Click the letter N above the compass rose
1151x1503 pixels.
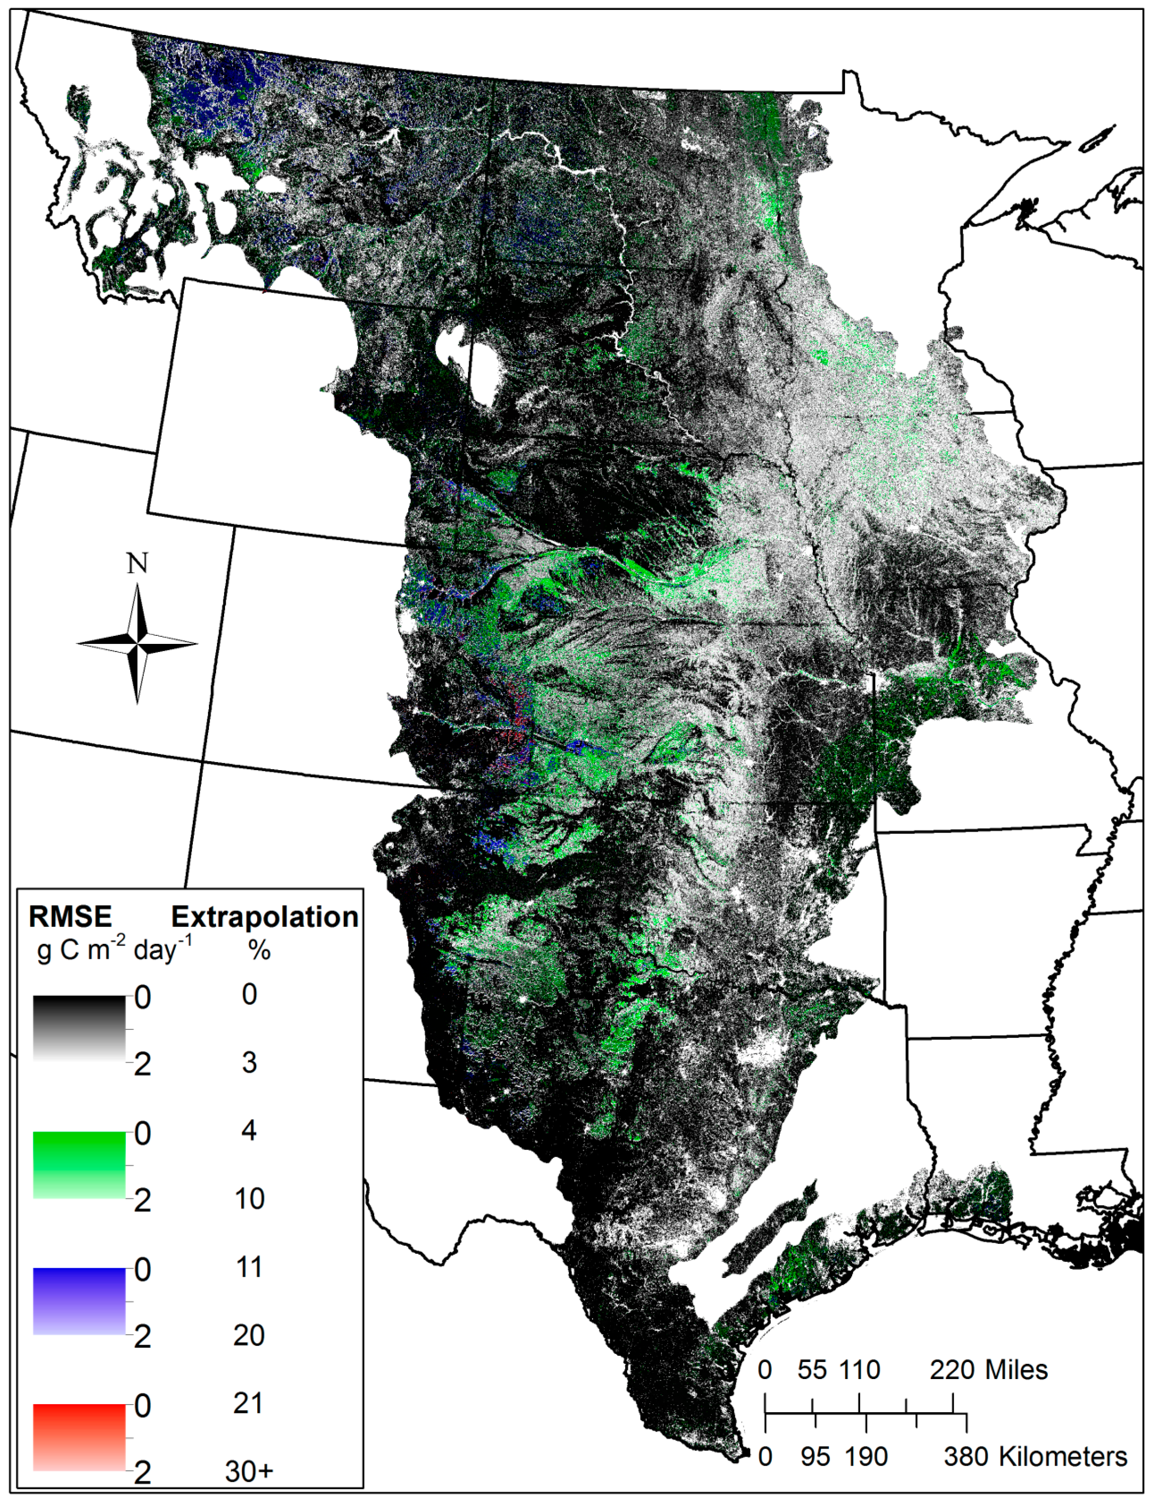point(137,563)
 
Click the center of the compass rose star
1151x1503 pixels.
point(138,643)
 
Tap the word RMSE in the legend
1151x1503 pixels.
point(70,917)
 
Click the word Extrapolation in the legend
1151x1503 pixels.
point(264,917)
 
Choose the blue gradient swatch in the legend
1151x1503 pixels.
point(79,1301)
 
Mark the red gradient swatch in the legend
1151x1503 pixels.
point(79,1437)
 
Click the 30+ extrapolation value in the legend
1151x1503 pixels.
point(249,1471)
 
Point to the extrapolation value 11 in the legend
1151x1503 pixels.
point(249,1267)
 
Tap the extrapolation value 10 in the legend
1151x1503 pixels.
point(249,1199)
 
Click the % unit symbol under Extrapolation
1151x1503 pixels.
point(259,950)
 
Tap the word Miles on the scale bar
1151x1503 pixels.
point(1016,1370)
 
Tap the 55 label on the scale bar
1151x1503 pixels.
point(812,1370)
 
